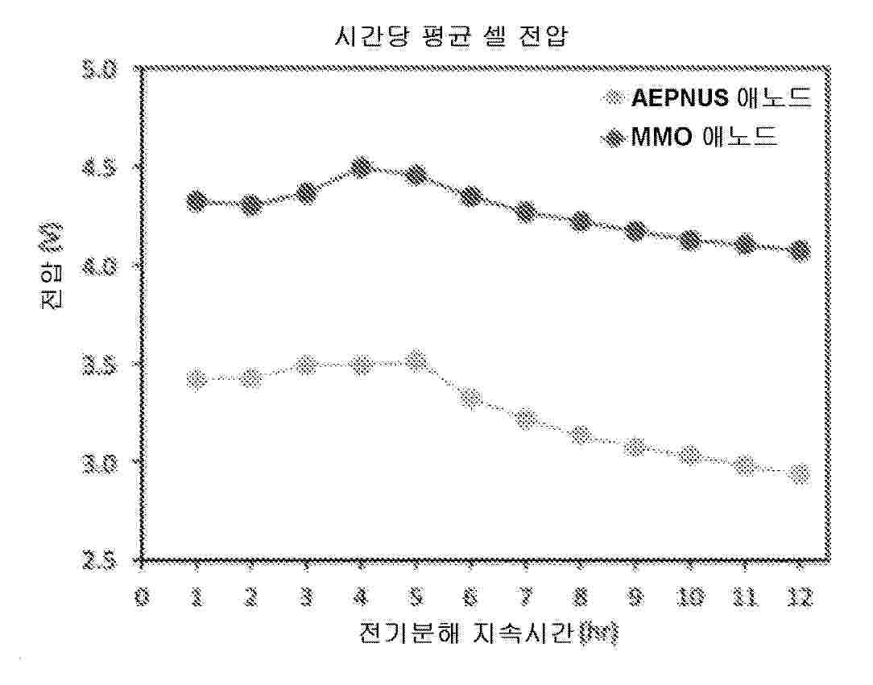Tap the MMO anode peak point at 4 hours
tap(362, 168)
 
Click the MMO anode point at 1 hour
tap(196, 201)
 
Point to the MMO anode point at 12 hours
tap(800, 251)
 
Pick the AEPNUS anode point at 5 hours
tap(416, 361)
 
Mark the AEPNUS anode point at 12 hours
tap(800, 475)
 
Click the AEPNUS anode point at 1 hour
tap(196, 379)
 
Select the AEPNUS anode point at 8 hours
tap(581, 435)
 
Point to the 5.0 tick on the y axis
tap(103, 70)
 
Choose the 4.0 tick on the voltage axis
tap(103, 266)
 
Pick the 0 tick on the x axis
tap(142, 597)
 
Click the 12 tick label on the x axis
tap(800, 597)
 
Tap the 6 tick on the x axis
tap(471, 597)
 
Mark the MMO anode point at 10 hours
tap(690, 240)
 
